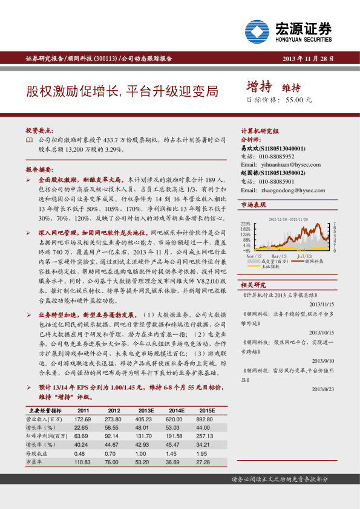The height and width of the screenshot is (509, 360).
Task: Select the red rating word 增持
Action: [x=259, y=85]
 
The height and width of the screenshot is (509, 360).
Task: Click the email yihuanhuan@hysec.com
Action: [x=282, y=164]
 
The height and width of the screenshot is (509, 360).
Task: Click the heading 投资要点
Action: [x=39, y=131]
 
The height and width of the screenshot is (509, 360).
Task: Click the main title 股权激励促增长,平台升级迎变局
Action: [x=122, y=92]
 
